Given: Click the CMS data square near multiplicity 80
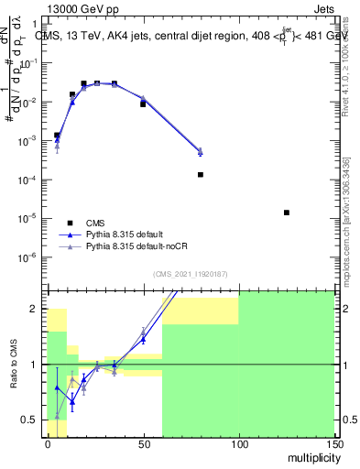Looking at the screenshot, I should coord(201,175).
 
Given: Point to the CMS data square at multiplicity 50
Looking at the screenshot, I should coord(143,104).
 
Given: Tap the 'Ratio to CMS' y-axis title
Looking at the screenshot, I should coord(16,365).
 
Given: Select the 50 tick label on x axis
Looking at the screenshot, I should coord(143,443).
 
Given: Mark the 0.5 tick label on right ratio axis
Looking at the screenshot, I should coord(347,420).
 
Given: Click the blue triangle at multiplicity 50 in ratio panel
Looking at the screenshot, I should coord(143,339).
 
